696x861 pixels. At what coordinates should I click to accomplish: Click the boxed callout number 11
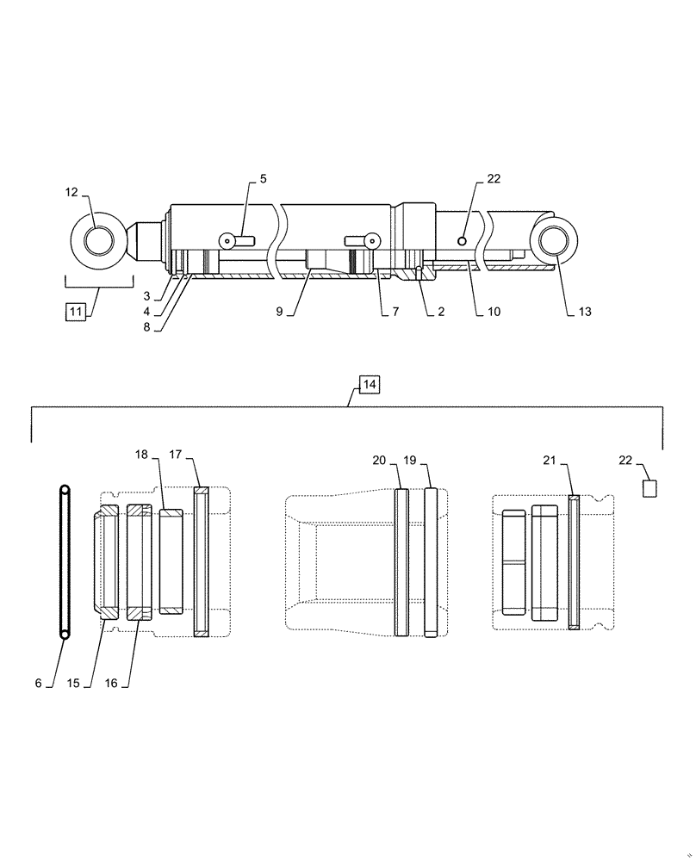pos(76,312)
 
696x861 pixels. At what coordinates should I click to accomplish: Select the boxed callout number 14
pos(368,385)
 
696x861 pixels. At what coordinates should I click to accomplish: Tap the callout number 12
pos(73,193)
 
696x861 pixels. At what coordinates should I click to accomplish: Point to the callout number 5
pos(263,179)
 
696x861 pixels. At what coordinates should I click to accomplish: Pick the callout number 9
pos(279,312)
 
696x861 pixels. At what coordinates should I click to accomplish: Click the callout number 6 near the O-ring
pos(38,683)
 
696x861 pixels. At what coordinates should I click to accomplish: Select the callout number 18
pos(141,454)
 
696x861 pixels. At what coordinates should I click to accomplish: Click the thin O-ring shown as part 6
pos(65,562)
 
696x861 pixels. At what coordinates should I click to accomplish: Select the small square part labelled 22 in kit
pos(650,488)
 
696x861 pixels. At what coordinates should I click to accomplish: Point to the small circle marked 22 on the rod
pos(463,241)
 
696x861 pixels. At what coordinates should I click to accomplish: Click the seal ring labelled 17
pos(202,562)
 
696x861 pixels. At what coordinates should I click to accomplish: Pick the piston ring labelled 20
pos(401,562)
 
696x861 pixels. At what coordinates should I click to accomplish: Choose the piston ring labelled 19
pos(431,562)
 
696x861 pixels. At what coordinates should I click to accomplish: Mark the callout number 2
pos(440,312)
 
